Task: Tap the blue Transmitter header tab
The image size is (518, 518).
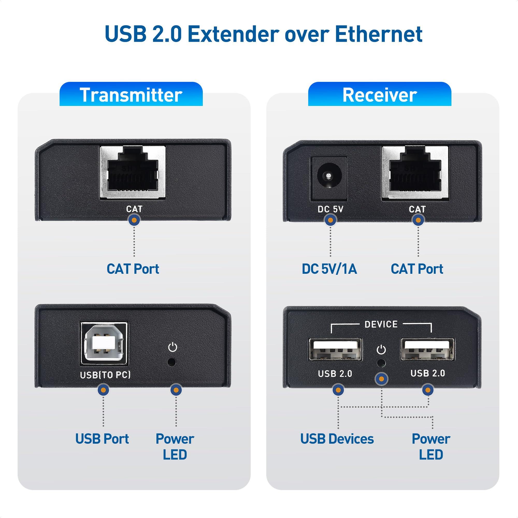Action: pyautogui.click(x=131, y=95)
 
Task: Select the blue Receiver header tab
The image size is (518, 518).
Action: pyautogui.click(x=380, y=95)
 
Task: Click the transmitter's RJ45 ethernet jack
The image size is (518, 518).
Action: pyautogui.click(x=133, y=173)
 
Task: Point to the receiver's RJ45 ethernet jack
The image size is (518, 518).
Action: pyautogui.click(x=415, y=173)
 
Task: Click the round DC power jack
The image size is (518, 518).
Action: pyautogui.click(x=329, y=176)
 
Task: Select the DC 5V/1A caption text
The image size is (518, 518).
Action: pyautogui.click(x=329, y=269)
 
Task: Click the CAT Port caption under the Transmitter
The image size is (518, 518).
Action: pyautogui.click(x=133, y=269)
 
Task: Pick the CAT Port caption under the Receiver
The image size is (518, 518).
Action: pyautogui.click(x=417, y=269)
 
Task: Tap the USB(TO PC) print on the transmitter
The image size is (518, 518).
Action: pyautogui.click(x=105, y=375)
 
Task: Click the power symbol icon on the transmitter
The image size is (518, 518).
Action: pyautogui.click(x=173, y=347)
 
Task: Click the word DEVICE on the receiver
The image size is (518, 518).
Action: pyautogui.click(x=381, y=325)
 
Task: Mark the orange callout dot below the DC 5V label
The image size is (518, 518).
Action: pyautogui.click(x=330, y=220)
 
